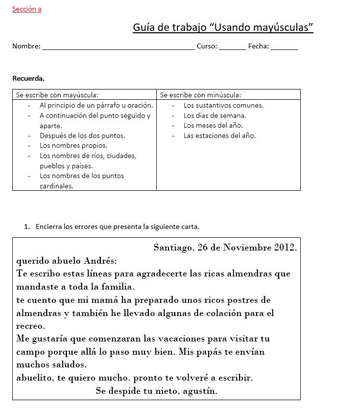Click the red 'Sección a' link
pos(27,9)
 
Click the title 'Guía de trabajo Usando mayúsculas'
pos(223,27)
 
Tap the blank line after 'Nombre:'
pos(119,47)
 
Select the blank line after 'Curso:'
pos(233,47)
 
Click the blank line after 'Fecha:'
pos(284,47)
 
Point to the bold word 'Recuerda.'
pos(28,78)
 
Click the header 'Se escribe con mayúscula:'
pos(57,95)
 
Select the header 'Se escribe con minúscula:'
pos(200,95)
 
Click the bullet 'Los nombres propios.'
pos(73,145)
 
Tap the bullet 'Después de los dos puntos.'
pos(82,136)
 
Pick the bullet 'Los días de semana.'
pos(215,115)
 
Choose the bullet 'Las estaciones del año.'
pos(219,136)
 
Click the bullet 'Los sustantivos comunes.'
pos(223,105)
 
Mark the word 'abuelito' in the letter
pos(34,378)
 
